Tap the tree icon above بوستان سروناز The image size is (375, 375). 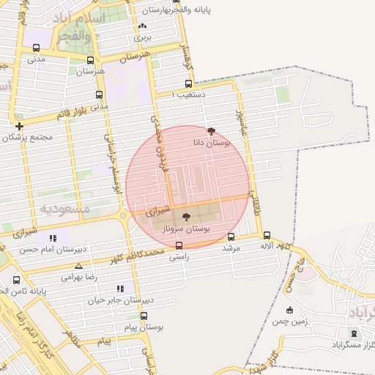185,217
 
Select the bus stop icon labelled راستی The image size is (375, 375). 179,246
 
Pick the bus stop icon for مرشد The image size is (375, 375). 231,237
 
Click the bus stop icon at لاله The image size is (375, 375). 267,236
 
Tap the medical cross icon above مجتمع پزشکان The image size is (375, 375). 18,126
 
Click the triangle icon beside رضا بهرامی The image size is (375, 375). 78,266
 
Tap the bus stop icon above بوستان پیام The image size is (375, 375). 144,316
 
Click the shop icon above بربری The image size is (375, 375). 141,26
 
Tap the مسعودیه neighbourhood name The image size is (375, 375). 64,209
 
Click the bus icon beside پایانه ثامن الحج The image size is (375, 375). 17,280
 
